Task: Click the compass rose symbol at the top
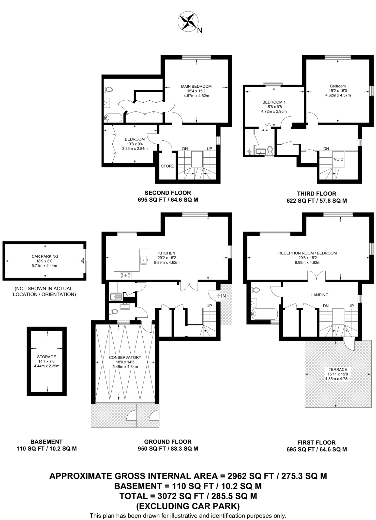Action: [188, 22]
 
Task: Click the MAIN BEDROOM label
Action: [196, 86]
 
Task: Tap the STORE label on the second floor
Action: [168, 166]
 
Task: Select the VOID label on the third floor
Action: [338, 159]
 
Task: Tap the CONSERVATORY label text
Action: [125, 357]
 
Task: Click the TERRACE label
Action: [338, 369]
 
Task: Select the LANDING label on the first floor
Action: [320, 295]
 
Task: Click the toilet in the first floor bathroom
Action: [255, 290]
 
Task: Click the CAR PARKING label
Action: [45, 256]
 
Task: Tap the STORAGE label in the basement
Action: [46, 357]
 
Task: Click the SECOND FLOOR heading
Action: [168, 193]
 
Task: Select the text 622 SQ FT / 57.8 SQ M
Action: [317, 201]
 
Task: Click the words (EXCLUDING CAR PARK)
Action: [188, 506]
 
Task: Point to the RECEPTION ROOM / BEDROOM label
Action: [307, 253]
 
